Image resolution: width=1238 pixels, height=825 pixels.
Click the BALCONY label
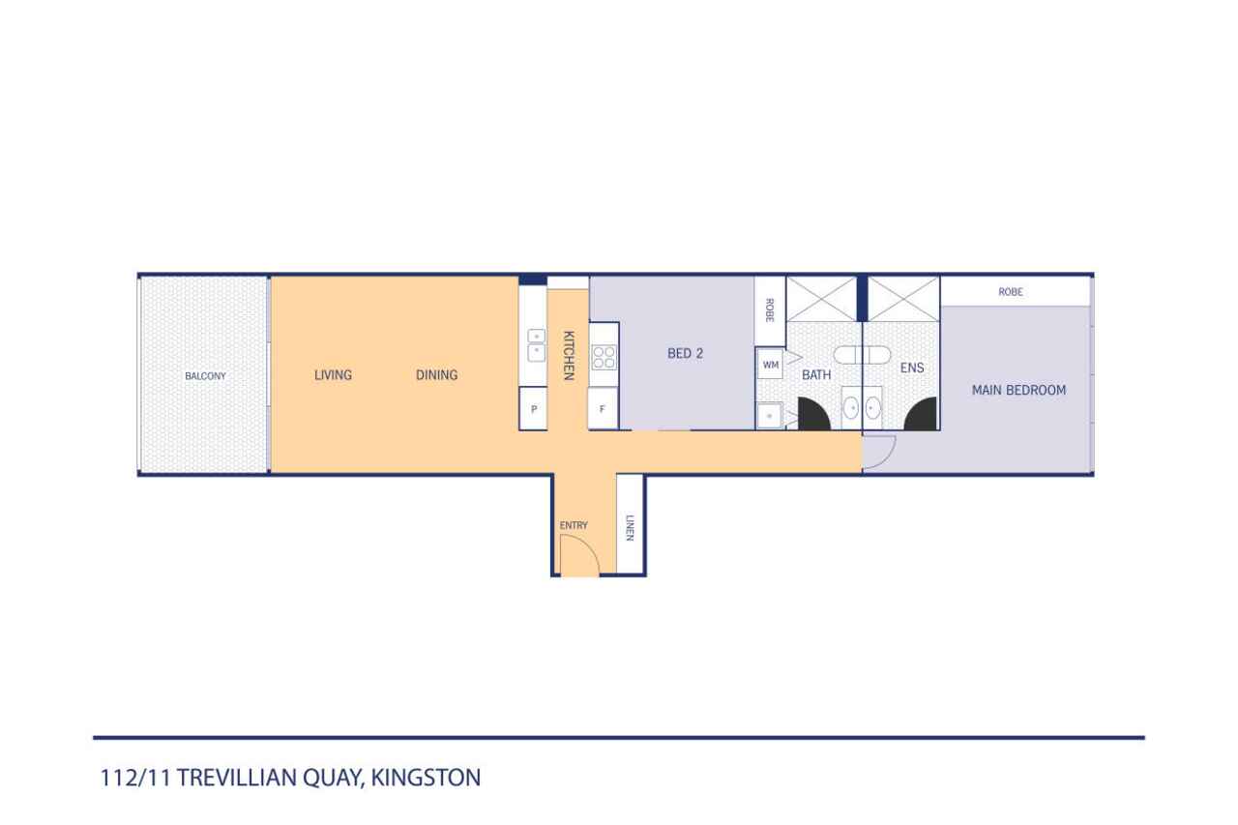tap(205, 376)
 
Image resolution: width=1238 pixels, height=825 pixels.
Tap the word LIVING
tap(333, 375)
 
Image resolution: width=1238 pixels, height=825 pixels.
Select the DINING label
tap(436, 375)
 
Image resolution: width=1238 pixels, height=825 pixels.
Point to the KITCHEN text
tap(568, 355)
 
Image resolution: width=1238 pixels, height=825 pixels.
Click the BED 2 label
tap(686, 354)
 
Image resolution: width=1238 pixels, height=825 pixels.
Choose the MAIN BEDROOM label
tap(1018, 390)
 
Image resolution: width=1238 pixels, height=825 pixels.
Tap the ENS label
tap(912, 368)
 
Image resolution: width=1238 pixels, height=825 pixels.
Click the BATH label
tap(816, 375)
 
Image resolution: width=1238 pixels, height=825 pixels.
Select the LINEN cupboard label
tap(630, 528)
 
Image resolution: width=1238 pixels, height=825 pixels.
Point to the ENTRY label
tap(574, 525)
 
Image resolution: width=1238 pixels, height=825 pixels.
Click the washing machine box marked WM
tap(771, 365)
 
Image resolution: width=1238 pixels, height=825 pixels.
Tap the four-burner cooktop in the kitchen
tap(604, 358)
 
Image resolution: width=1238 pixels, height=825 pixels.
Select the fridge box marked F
tap(603, 408)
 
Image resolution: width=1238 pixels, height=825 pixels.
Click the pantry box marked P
tap(533, 409)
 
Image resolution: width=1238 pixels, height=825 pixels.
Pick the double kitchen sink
tap(536, 345)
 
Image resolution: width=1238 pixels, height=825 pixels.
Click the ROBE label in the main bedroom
tap(1011, 292)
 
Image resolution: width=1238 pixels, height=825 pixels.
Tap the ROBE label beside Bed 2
tap(769, 310)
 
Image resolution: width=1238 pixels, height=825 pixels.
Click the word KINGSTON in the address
tap(426, 778)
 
